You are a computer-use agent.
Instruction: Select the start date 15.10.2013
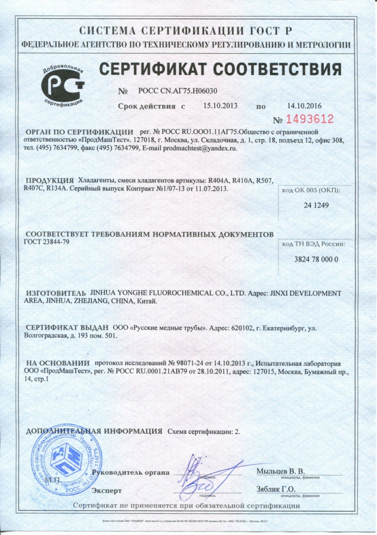pyautogui.click(x=220, y=106)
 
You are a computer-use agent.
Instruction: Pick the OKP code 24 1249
pyautogui.click(x=316, y=205)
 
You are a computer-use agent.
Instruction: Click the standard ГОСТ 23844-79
pyautogui.click(x=46, y=241)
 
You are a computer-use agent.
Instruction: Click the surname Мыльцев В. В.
pyautogui.click(x=280, y=471)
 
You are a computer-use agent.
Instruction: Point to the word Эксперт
pyautogui.click(x=106, y=491)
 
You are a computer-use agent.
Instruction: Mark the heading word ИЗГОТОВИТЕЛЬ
pyautogui.click(x=55, y=294)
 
